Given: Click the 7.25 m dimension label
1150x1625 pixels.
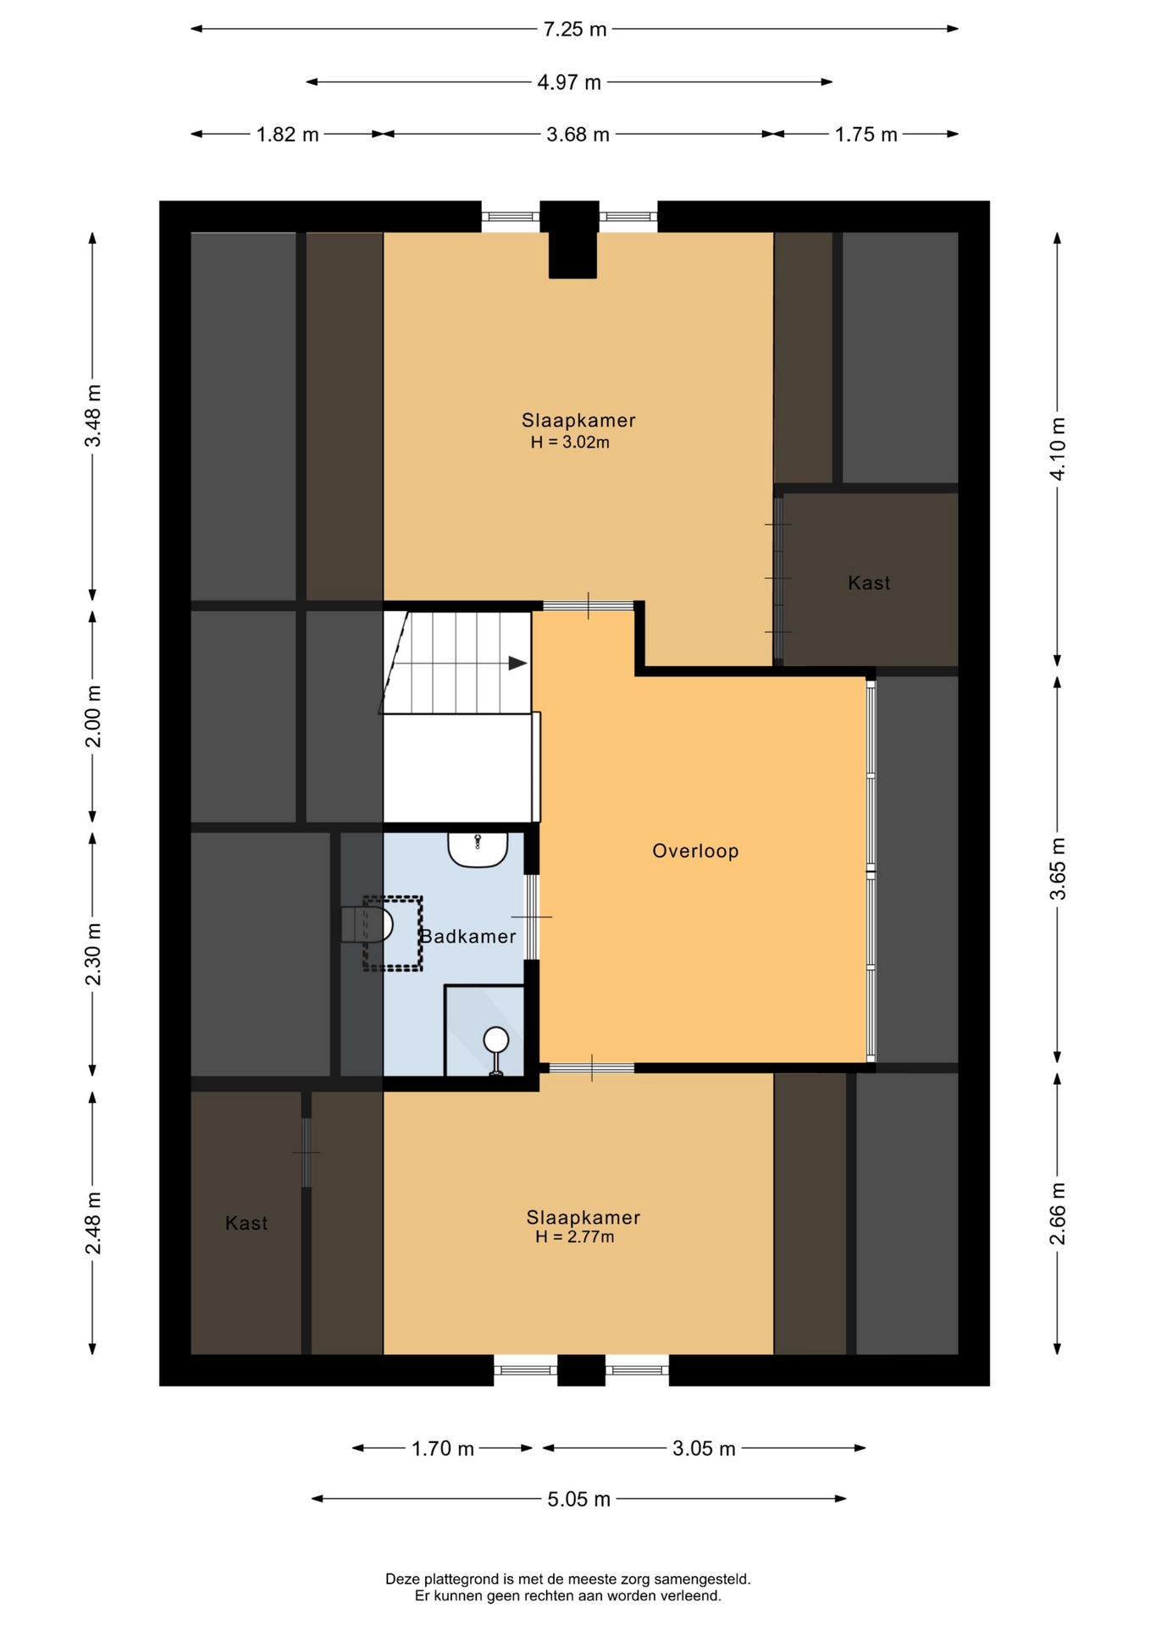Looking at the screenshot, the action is pos(575,30).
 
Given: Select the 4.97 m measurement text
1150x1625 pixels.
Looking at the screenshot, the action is pos(569,83).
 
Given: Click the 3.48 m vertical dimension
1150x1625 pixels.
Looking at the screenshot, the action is pos(93,416).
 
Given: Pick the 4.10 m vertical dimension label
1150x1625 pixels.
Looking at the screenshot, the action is pos(1059,449).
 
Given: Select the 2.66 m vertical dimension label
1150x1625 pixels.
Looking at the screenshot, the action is pos(1059,1215).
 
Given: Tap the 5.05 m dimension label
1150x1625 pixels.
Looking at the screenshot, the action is pos(578,1500).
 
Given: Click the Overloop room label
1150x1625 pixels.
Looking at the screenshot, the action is pos(695,851).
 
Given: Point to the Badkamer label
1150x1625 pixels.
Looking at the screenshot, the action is pos(468,937).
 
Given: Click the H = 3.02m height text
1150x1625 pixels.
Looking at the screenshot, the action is pos(570,443).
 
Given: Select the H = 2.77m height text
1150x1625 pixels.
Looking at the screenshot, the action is pos(574,1237).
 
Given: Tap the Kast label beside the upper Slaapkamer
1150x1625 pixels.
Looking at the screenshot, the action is pos(869,583).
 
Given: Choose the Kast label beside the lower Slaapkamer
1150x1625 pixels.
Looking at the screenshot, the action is pos(246,1224).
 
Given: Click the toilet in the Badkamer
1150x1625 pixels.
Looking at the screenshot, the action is pos(368,925).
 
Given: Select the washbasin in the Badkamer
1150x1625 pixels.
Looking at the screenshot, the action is pos(478,849).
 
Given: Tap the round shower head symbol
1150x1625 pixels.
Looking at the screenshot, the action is pos(495,1039).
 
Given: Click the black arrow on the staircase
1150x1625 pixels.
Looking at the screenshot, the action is pos(517,664).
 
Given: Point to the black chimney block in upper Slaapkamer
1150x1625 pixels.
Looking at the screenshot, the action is pos(572,240).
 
